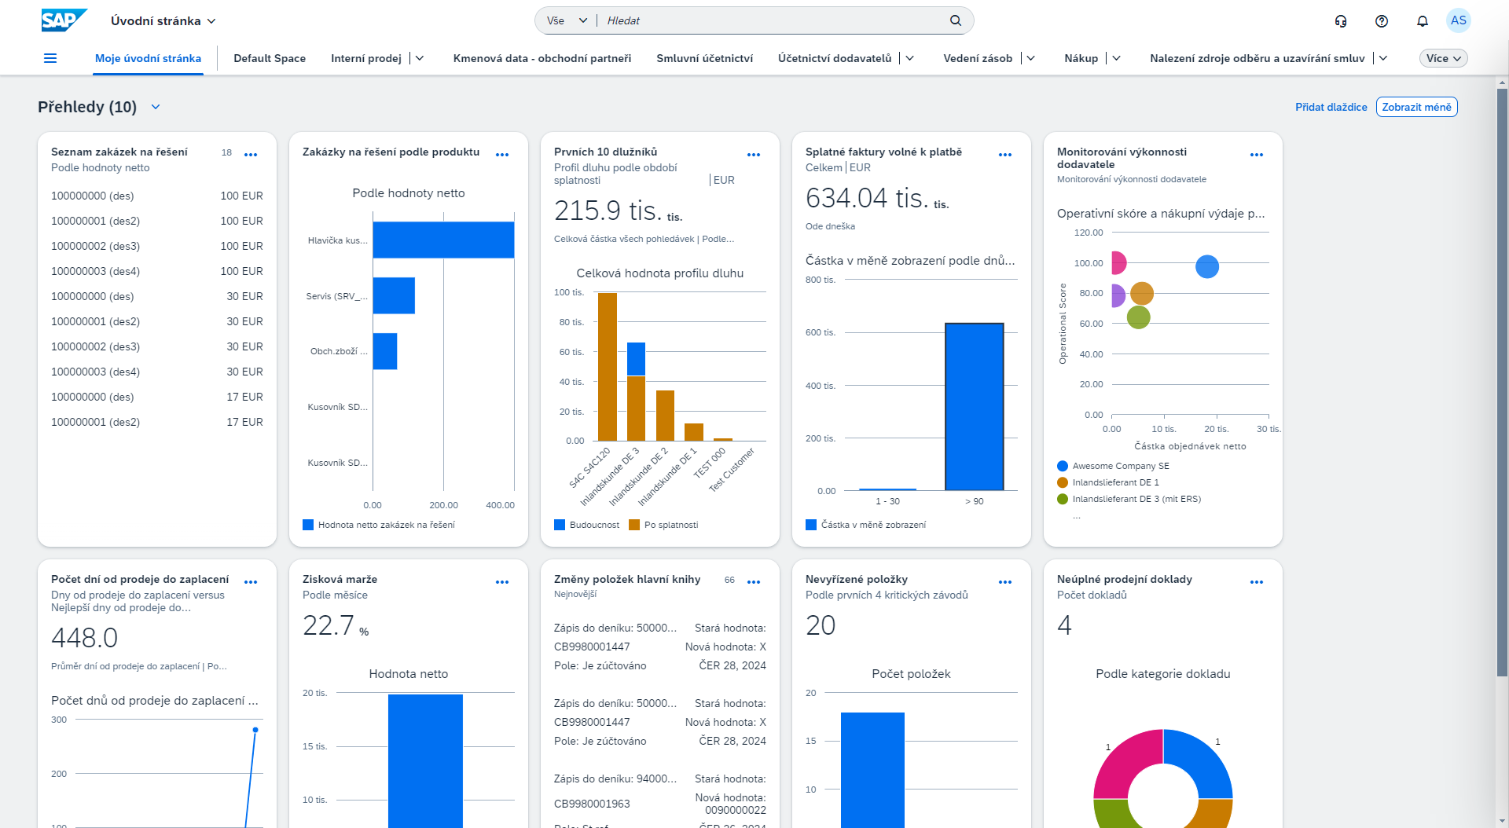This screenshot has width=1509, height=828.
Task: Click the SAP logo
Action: pos(64,20)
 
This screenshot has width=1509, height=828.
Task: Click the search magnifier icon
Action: pos(956,20)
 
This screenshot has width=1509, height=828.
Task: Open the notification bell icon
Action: pos(1422,21)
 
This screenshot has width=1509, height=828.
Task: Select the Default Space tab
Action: pos(270,58)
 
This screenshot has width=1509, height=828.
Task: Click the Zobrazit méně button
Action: pos(1416,107)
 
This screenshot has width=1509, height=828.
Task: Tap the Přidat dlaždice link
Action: pos(1331,107)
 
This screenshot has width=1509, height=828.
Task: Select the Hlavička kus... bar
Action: pos(443,240)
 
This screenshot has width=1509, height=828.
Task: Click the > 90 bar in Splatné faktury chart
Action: pos(974,406)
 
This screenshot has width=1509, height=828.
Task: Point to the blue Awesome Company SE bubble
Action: pos(1206,267)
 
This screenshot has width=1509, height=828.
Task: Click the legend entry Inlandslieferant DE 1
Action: pos(1115,482)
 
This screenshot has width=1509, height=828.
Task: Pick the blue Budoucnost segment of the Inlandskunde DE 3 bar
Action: pos(636,359)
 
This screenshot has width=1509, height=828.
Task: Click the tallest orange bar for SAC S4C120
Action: pos(608,366)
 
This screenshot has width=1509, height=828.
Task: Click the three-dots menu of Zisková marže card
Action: pos(502,582)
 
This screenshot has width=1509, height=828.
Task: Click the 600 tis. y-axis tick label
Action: pos(820,332)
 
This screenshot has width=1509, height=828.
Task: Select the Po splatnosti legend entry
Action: pos(670,525)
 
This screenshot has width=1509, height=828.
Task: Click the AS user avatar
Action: pos(1458,21)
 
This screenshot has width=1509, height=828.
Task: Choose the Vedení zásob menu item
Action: pos(978,58)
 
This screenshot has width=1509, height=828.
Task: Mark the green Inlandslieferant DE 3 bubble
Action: pos(1138,317)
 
